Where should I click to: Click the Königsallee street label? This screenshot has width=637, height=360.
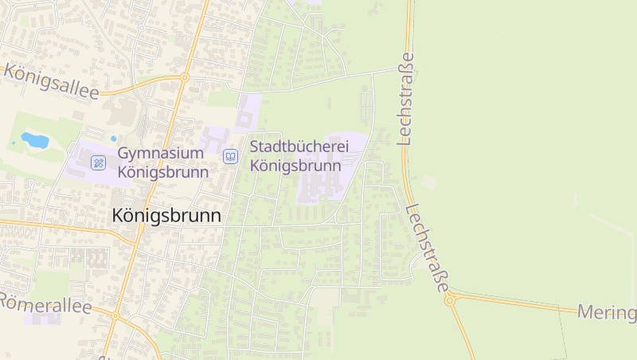[x=51, y=82]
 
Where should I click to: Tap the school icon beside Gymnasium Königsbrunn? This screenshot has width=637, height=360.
[x=99, y=162]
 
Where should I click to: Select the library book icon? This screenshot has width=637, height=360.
[x=230, y=157]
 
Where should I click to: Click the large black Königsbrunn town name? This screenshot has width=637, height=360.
[x=166, y=215]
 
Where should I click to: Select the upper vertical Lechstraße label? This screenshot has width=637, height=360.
[x=407, y=99]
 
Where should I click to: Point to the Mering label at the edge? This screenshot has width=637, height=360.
[x=607, y=311]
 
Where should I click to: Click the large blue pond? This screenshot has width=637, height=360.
[x=34, y=141]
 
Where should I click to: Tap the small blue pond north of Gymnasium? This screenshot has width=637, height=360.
[x=113, y=139]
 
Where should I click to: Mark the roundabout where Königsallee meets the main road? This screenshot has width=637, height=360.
[x=184, y=77]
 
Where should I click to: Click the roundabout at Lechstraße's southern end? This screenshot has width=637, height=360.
[x=451, y=300]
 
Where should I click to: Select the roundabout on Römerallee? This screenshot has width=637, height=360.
[x=115, y=316]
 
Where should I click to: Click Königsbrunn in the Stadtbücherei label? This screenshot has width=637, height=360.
[x=295, y=166]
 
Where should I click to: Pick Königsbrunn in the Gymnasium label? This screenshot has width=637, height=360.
[x=163, y=171]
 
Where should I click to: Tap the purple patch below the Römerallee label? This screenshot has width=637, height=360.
[x=45, y=318]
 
